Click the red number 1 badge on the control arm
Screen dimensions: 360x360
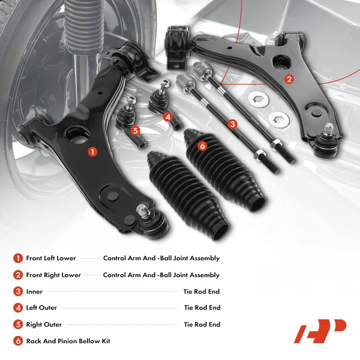pos(92,152)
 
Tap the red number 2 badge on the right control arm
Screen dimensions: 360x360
pos(289,79)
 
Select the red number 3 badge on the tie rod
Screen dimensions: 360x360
pos(232,124)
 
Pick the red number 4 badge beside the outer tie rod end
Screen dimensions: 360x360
pos(168,117)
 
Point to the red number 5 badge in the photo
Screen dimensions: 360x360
pos(135,130)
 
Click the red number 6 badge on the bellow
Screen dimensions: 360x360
pos(202,146)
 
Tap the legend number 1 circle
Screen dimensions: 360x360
pos(17,259)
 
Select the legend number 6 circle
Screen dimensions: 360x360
pos(17,341)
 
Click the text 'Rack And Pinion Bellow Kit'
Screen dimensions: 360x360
pos(68,341)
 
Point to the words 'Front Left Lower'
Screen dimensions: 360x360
pos(51,259)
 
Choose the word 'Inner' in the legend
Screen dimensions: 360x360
pos(35,292)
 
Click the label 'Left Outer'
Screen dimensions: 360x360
pos(41,308)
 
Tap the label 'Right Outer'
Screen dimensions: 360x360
pos(44,325)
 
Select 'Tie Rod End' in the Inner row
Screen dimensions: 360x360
pos(202,292)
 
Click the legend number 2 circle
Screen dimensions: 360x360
pos(17,275)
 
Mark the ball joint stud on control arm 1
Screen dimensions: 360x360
pos(143,212)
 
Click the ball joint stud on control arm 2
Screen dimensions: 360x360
pos(329,128)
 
